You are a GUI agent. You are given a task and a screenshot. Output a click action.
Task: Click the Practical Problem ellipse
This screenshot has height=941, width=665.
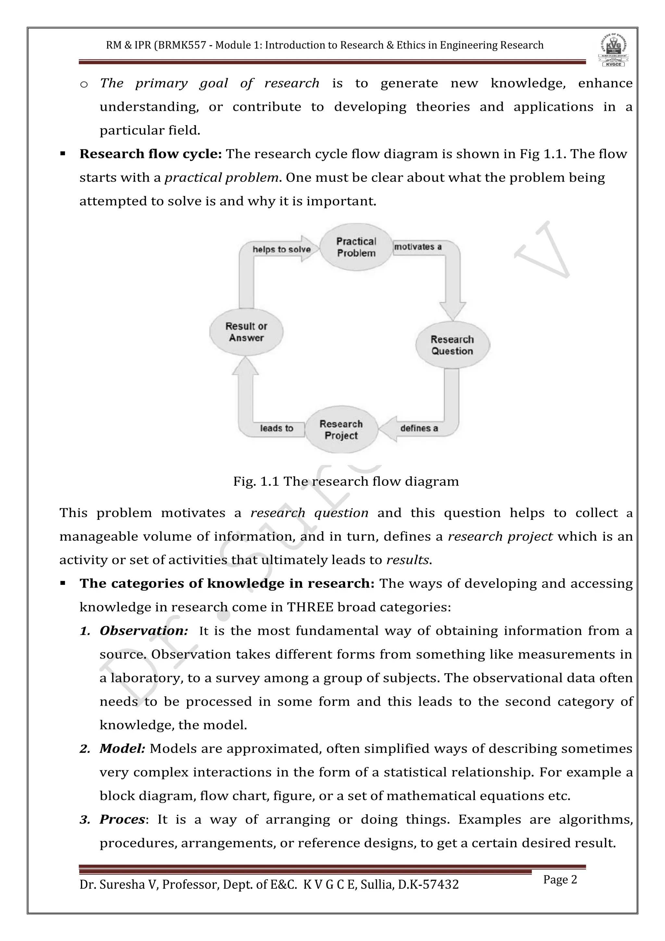[x=356, y=247]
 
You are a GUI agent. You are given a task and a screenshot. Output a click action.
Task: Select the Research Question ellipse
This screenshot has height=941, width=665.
[x=452, y=345]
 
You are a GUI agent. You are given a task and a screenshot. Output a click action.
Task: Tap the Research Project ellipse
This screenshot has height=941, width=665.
[x=341, y=430]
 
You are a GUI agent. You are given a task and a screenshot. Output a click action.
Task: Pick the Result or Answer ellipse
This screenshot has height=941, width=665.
[x=246, y=332]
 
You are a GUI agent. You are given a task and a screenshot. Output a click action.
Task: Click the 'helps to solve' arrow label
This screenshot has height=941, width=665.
[x=281, y=249]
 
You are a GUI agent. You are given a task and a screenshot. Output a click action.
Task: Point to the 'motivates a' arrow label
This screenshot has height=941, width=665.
[x=418, y=247]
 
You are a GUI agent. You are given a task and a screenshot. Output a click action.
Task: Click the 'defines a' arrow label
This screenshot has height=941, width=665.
[x=419, y=428]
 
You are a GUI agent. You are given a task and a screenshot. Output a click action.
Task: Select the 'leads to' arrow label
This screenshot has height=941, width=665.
[x=276, y=428]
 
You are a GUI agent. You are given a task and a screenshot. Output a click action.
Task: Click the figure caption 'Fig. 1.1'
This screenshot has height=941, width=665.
[x=256, y=481]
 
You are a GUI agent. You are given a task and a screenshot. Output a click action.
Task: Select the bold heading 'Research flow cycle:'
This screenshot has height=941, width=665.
[x=150, y=154]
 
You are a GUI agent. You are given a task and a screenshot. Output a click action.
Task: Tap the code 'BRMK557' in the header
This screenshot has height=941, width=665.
[x=182, y=45]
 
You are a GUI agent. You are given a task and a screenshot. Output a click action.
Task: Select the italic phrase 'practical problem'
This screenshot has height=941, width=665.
[x=221, y=178]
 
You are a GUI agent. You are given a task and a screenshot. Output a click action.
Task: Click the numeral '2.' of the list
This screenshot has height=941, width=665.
[x=85, y=749]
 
